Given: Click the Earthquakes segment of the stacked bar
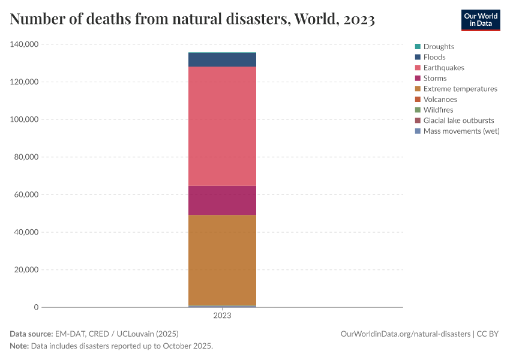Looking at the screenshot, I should coord(222,126).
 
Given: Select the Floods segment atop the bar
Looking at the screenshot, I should coord(222,59).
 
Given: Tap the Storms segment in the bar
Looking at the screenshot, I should coord(222,200).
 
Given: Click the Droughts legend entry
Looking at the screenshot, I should coord(439,46).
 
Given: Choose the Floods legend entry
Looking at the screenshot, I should coord(434,57).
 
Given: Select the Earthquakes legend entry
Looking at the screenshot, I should coord(443,68).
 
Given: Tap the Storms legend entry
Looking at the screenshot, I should coord(434,78).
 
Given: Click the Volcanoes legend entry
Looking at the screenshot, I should coord(440,99).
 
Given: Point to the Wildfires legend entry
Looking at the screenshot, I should coord(438,110).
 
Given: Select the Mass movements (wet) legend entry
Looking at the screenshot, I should coord(461,131).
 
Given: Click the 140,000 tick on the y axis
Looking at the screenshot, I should coord(25,44).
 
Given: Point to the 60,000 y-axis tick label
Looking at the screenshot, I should coord(26,194).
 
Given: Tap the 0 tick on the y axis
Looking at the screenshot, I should coord(36,307).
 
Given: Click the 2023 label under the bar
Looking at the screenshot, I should coord(222,316).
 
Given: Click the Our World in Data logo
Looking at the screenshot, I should coord(480,20).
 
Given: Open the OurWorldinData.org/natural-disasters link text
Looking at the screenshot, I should coord(405,334).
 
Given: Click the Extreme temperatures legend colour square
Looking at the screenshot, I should coord(417,89).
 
